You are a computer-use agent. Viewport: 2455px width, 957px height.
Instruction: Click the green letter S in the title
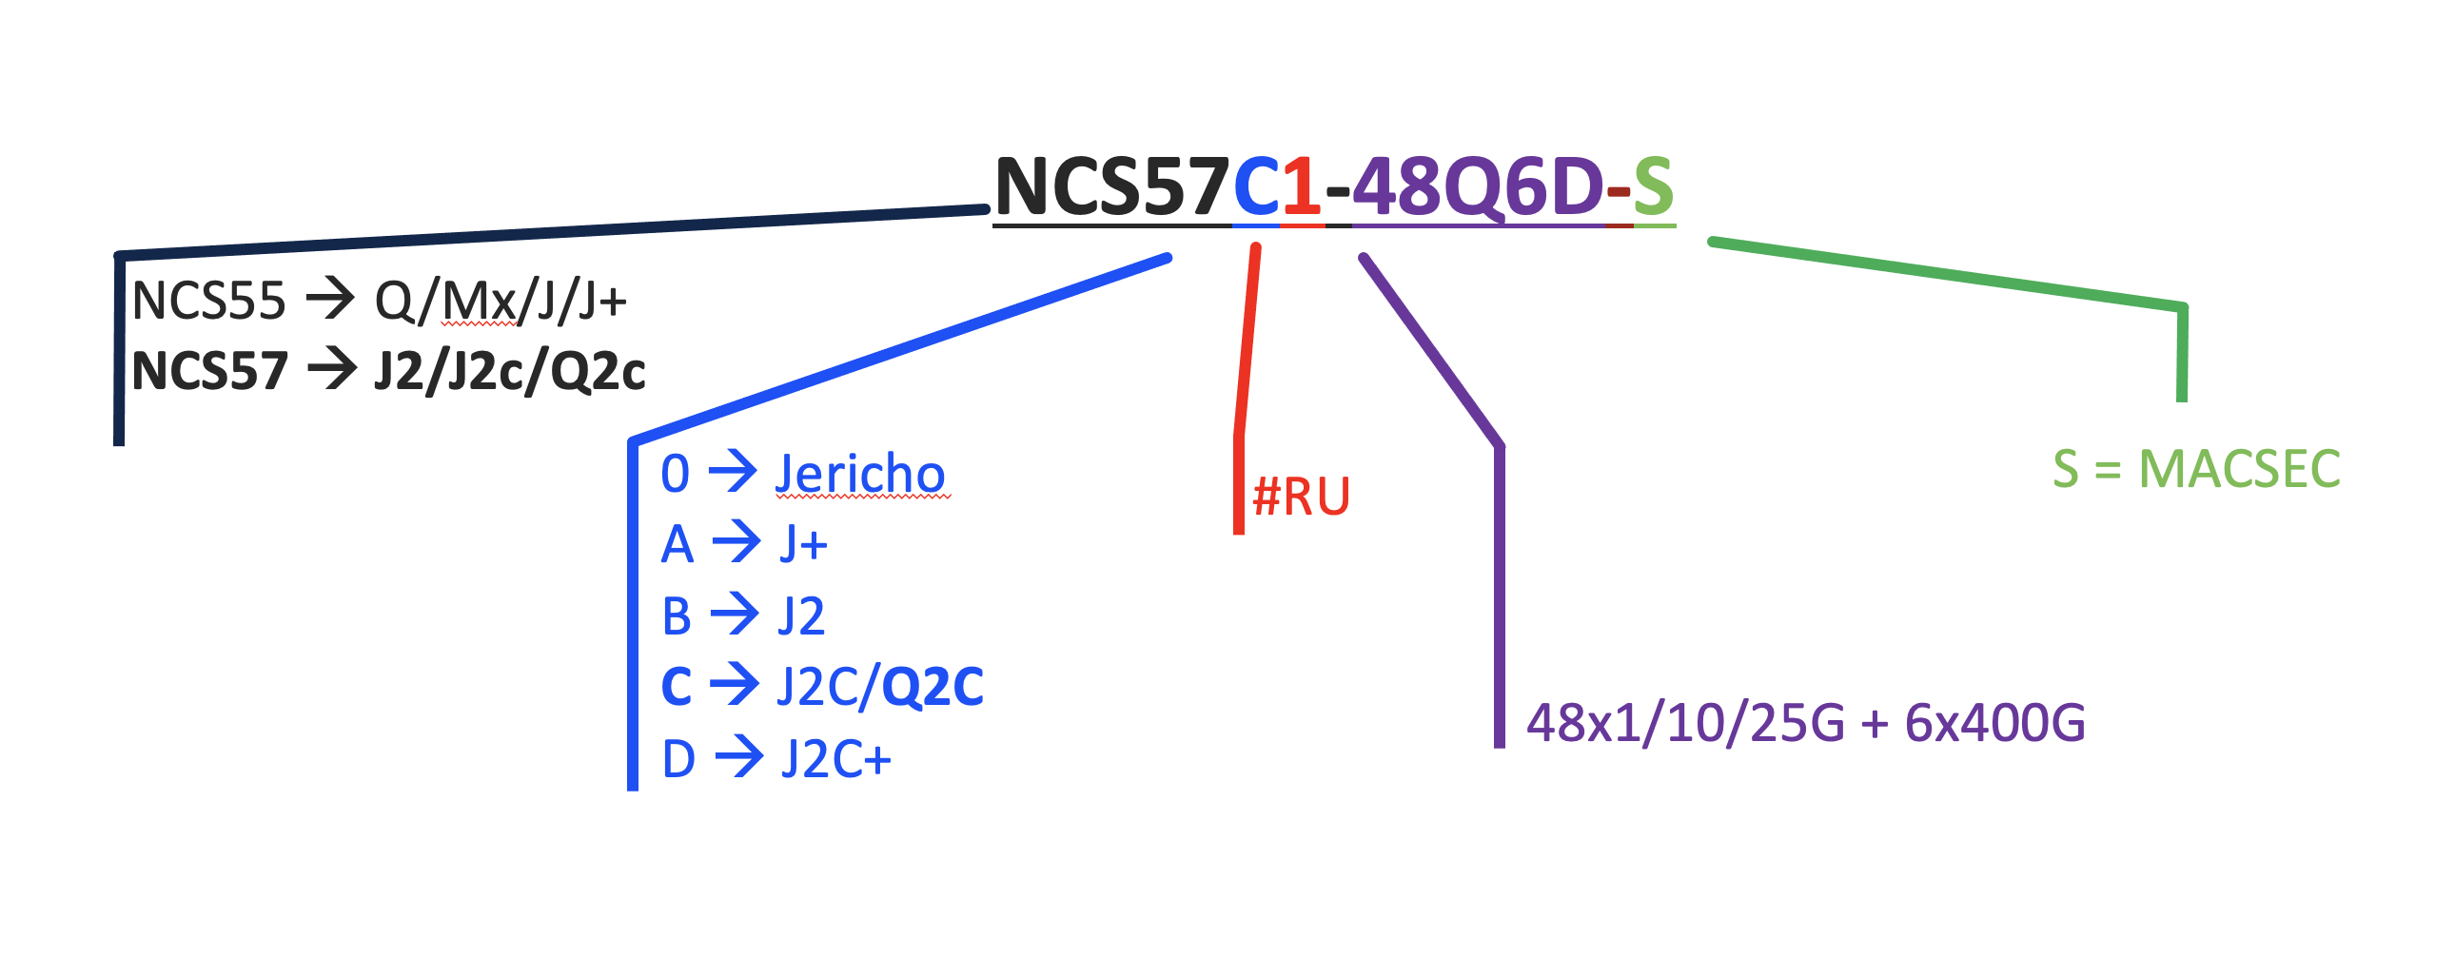[1653, 186]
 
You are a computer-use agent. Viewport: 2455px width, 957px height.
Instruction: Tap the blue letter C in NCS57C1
[1256, 186]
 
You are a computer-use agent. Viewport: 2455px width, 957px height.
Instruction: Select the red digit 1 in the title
[1302, 186]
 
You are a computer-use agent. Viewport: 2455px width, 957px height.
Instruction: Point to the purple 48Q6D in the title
[1477, 186]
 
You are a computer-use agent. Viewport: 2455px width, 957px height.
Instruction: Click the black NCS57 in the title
[1111, 186]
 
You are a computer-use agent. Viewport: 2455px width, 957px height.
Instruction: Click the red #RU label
[1301, 497]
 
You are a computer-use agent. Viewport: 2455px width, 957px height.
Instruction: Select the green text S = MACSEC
[2197, 469]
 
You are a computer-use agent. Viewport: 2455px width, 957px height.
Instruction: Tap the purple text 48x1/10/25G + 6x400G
[1806, 723]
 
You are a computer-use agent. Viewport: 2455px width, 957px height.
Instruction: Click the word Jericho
[859, 474]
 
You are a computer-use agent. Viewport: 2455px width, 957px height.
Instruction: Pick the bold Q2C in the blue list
[933, 686]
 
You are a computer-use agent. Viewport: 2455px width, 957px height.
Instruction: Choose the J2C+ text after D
[835, 760]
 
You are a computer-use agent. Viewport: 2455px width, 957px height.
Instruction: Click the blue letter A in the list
[677, 545]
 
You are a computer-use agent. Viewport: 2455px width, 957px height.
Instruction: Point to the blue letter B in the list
[677, 616]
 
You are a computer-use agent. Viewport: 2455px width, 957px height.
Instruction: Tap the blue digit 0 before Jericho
[675, 474]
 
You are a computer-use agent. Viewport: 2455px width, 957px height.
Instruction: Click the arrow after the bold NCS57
[332, 370]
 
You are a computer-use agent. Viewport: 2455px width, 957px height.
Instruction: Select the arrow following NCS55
[330, 301]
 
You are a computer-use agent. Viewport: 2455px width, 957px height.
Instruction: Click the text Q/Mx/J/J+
[501, 302]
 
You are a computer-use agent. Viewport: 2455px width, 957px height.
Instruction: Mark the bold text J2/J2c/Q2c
[510, 371]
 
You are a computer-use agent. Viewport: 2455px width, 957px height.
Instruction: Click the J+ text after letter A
[803, 545]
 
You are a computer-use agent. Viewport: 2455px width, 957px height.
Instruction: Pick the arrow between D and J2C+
[739, 759]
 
